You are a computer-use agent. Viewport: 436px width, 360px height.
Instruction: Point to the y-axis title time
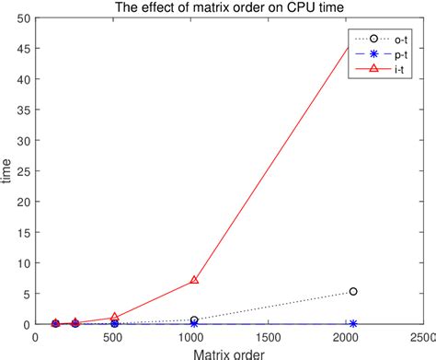pos(8,171)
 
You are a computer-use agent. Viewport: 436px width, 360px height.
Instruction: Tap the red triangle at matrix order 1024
pos(194,279)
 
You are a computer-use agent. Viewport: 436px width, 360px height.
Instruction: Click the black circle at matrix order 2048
pos(353,291)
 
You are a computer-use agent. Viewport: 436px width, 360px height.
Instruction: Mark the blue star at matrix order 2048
pos(353,323)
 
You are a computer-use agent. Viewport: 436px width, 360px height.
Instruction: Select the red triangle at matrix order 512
pos(114,317)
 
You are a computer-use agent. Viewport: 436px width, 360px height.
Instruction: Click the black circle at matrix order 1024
pos(194,319)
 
